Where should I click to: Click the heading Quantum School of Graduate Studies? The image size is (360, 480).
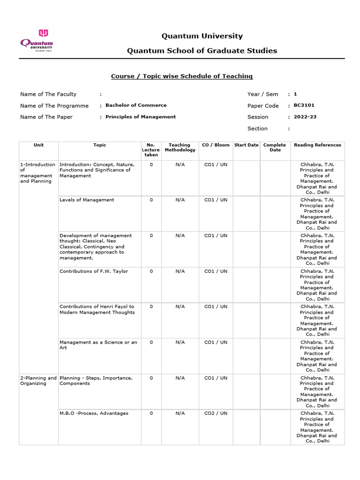tap(202, 51)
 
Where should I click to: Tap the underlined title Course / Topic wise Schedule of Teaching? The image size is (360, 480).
tap(181, 76)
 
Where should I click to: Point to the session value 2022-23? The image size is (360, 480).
tap(305, 117)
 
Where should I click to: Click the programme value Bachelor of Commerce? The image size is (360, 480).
tap(136, 105)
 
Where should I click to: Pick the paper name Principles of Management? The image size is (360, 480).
tap(141, 117)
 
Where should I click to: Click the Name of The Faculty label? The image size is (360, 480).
tap(48, 94)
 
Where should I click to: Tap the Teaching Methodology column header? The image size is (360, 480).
tap(180, 148)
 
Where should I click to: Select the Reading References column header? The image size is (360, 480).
tap(317, 145)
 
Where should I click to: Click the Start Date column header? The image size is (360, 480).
tap(246, 145)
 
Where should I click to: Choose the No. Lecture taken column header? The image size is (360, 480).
tap(151, 150)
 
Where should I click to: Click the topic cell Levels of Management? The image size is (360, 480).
tap(87, 200)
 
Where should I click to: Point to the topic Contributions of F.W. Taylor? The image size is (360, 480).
tap(94, 271)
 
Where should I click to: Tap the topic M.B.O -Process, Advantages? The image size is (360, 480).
tap(94, 413)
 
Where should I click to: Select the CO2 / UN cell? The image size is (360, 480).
tap(216, 413)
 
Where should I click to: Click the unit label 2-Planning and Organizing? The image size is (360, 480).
tap(38, 381)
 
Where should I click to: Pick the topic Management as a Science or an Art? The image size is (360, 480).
tap(98, 345)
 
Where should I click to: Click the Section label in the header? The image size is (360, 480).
tap(257, 128)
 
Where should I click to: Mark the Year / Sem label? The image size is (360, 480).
tap(262, 94)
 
